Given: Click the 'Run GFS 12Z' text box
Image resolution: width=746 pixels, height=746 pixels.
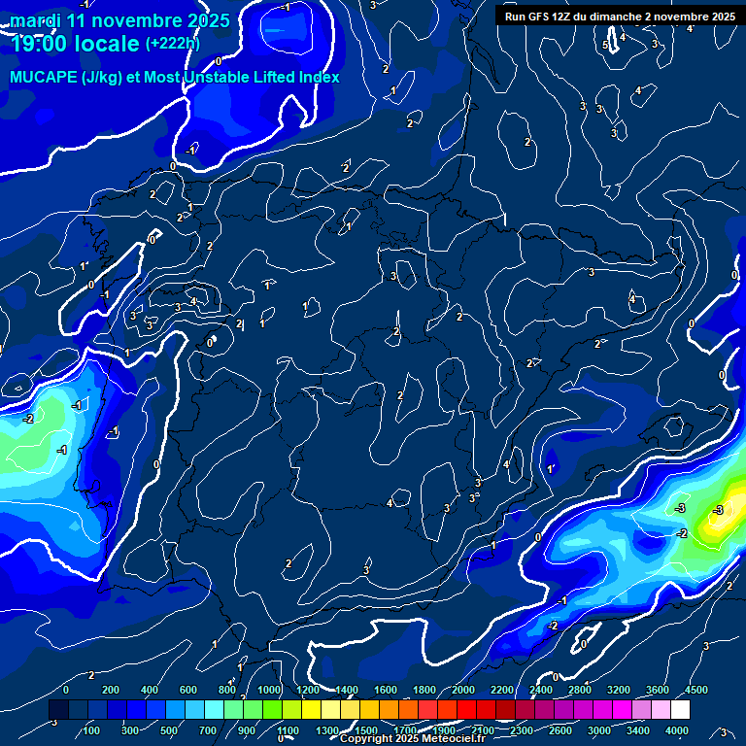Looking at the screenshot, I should pyautogui.click(x=620, y=16).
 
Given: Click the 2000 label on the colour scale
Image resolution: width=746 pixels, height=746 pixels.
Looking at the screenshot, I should pyautogui.click(x=463, y=690).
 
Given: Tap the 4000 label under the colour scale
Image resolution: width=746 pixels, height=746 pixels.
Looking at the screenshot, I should pyautogui.click(x=677, y=730).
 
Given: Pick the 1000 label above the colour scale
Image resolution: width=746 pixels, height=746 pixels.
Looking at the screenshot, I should pyautogui.click(x=269, y=690).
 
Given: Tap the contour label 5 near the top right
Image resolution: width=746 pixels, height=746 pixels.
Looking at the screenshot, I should pyautogui.click(x=605, y=46).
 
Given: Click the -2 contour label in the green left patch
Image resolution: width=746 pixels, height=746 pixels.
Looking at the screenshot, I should pyautogui.click(x=28, y=419).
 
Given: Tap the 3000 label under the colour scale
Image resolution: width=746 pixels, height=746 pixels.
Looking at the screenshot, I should pyautogui.click(x=599, y=730).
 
